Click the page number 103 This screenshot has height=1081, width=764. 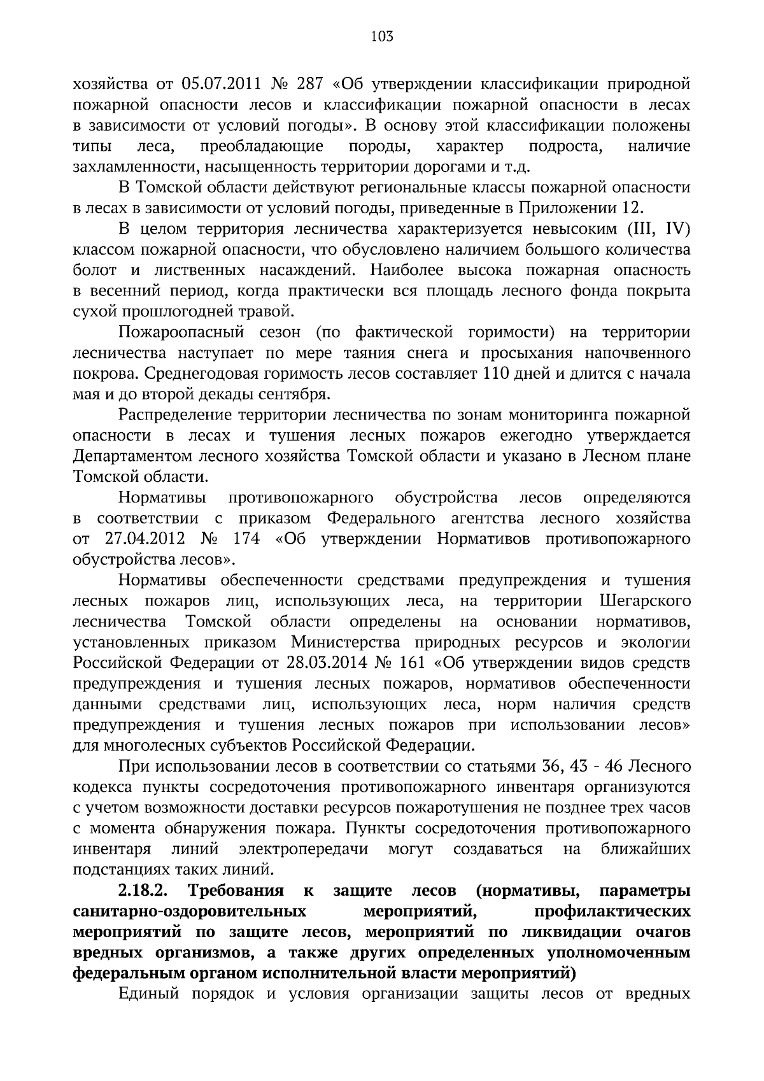[382, 36]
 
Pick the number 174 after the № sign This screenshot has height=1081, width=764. [247, 539]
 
